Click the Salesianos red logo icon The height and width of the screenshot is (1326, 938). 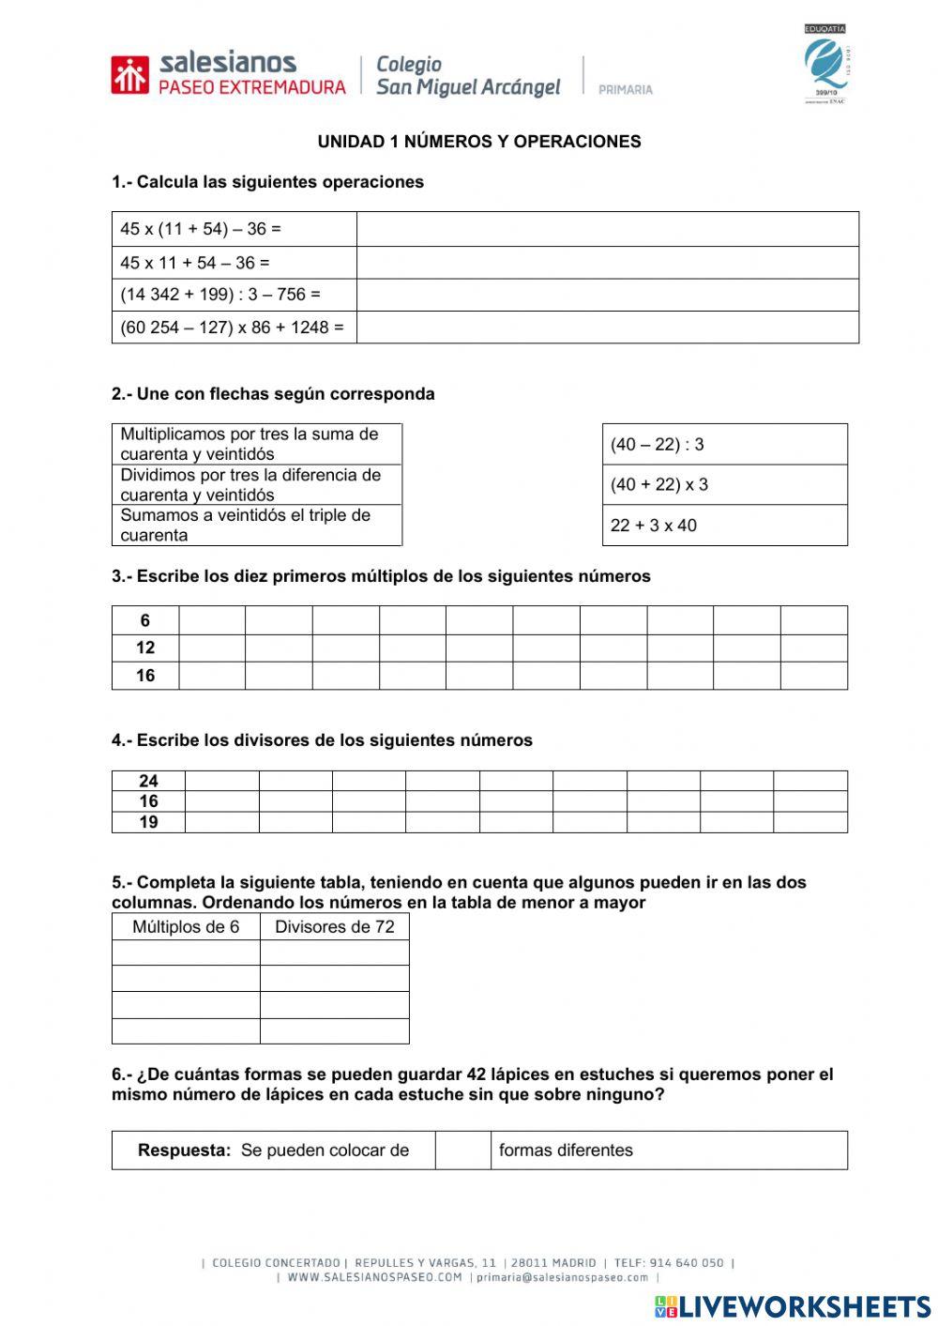129,75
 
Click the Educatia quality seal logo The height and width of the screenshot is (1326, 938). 825,64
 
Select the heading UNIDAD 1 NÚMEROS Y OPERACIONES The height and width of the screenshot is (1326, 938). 479,142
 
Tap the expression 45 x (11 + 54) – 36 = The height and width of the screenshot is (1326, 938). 201,229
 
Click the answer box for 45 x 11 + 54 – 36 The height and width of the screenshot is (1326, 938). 607,263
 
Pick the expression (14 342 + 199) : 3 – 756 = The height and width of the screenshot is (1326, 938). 220,295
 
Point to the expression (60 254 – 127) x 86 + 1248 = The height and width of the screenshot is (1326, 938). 232,328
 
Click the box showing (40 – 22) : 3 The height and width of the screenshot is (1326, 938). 724,444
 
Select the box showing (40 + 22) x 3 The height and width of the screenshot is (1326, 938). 724,485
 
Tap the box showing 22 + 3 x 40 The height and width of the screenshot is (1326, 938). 724,526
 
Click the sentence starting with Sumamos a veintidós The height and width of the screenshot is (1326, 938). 246,526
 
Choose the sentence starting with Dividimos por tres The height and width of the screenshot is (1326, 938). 250,485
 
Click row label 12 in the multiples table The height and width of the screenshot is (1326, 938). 145,648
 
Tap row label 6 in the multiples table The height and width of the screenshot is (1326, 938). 145,620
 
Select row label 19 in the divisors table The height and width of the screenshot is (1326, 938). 148,822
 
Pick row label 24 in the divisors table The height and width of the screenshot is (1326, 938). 148,781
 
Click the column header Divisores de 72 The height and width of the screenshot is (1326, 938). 334,927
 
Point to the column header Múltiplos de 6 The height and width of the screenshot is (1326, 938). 186,927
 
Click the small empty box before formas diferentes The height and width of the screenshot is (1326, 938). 462,1151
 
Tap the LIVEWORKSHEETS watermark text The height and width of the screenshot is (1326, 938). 804,1305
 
